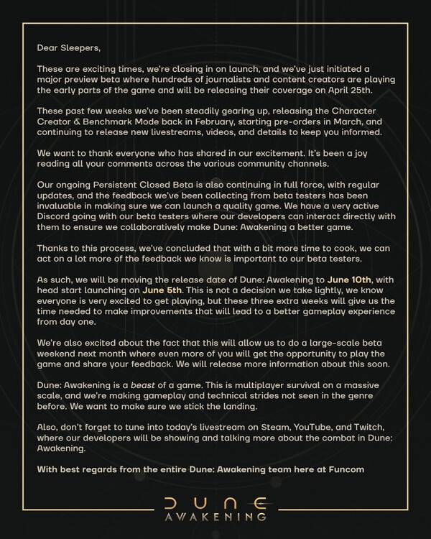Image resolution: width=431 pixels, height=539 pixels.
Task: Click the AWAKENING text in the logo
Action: [x=215, y=516]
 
